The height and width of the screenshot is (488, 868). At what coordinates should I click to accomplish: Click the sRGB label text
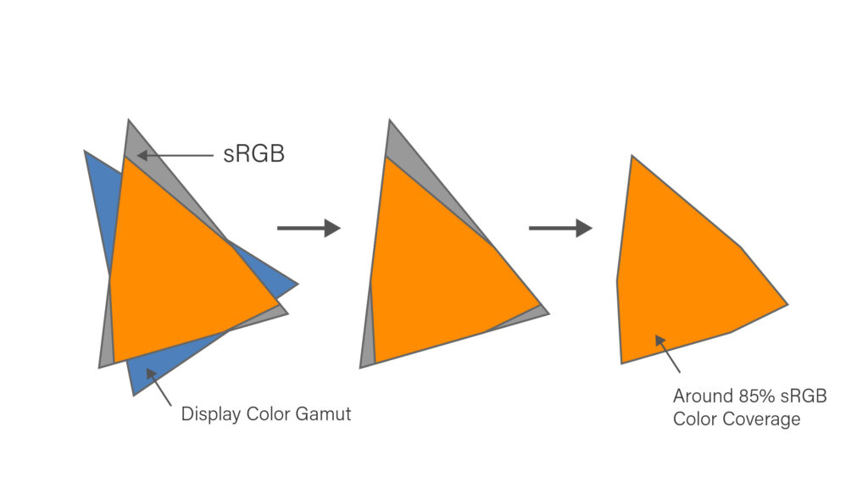click(253, 155)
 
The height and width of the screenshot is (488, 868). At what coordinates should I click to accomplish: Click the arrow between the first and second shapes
click(308, 228)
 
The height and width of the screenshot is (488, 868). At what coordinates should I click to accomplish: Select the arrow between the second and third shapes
click(559, 228)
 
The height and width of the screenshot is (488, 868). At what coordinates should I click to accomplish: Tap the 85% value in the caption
click(750, 396)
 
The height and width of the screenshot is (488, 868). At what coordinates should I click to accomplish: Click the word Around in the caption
click(700, 396)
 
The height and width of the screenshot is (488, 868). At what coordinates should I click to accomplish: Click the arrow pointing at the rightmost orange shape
click(667, 353)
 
